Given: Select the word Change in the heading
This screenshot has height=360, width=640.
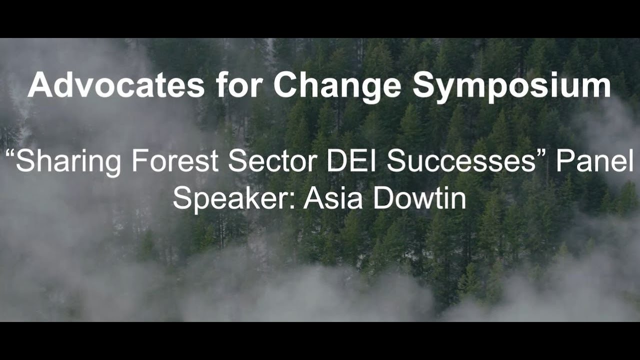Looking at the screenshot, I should [337, 86].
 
